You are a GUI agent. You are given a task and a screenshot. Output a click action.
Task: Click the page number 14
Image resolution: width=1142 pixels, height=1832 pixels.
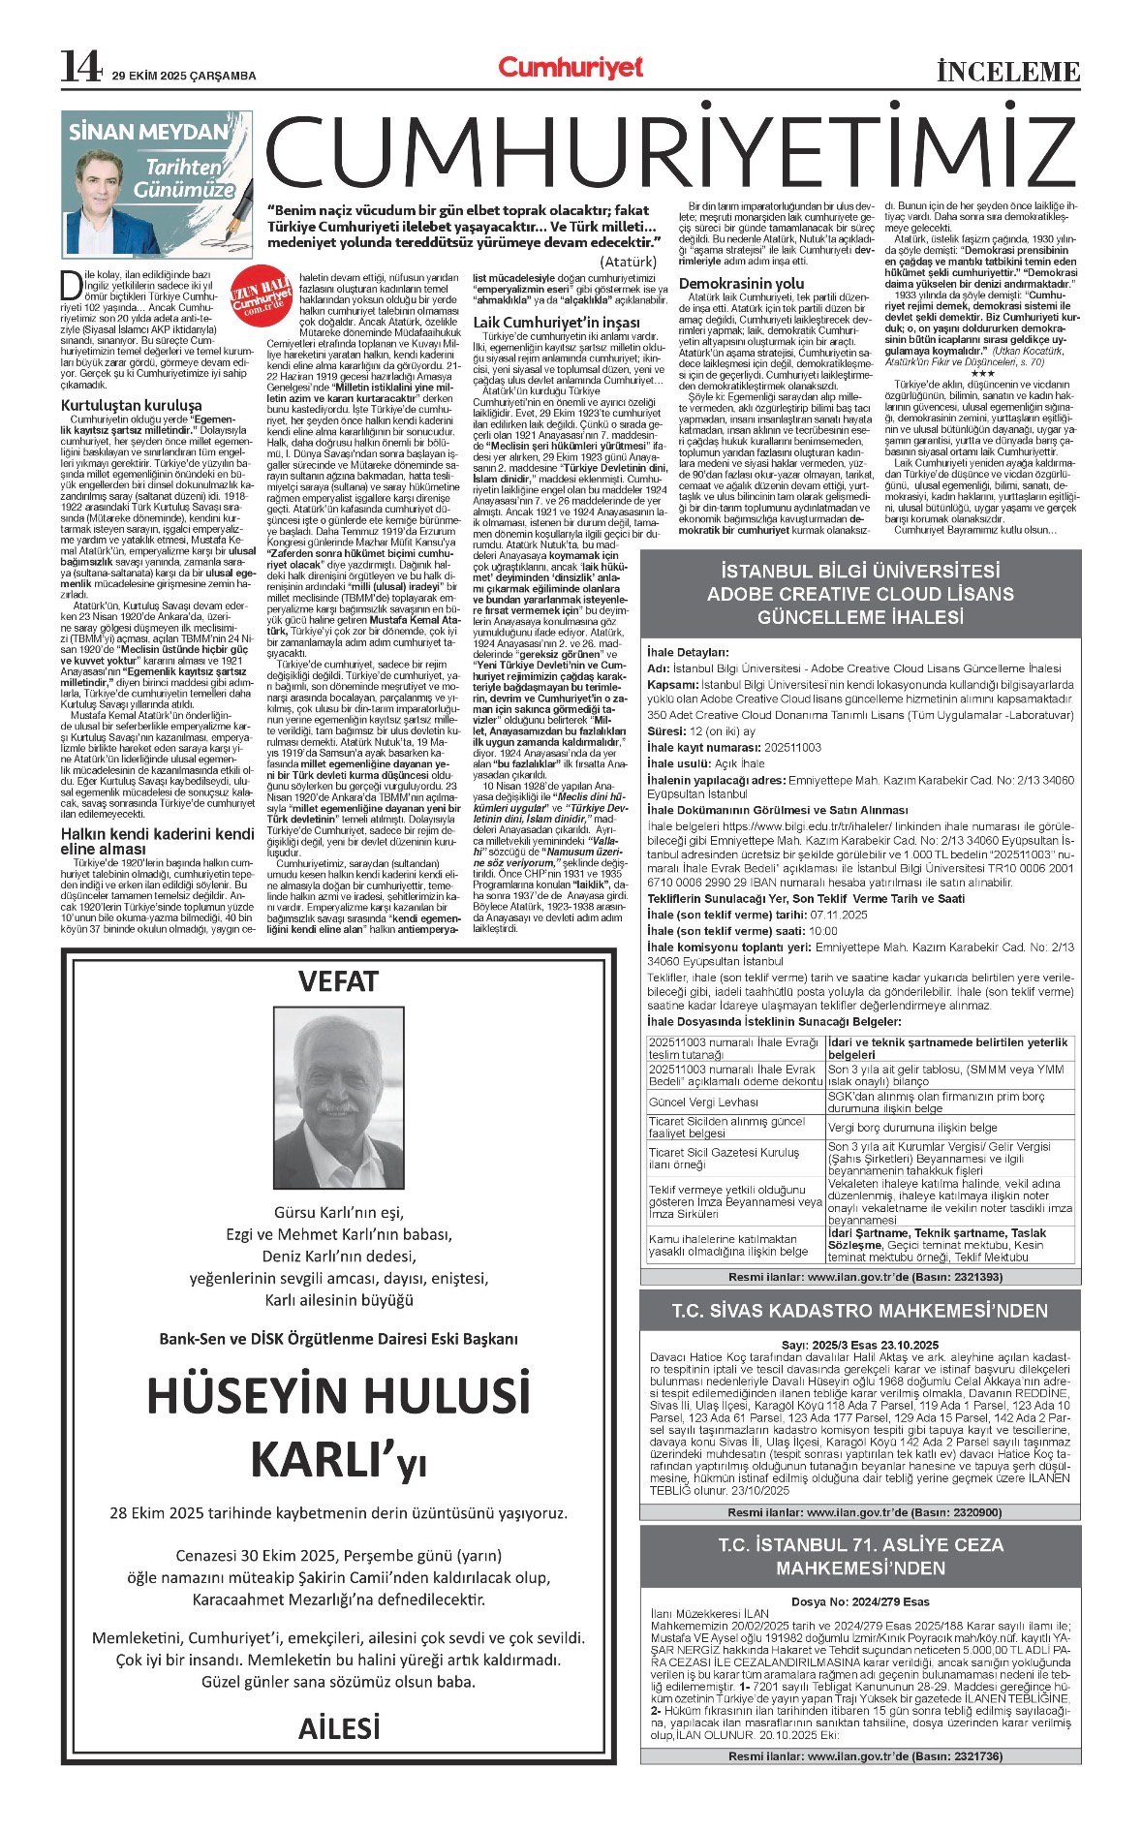tap(80, 67)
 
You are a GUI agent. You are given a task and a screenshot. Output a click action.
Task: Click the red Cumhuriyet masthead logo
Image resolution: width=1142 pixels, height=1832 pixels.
tap(571, 67)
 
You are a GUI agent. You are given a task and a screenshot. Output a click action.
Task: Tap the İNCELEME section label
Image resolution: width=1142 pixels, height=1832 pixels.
tap(1007, 72)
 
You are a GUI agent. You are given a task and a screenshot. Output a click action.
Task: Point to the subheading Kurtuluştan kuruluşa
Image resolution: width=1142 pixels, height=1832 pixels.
tap(132, 405)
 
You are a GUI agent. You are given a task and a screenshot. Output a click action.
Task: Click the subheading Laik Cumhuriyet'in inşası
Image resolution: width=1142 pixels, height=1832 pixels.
tap(556, 323)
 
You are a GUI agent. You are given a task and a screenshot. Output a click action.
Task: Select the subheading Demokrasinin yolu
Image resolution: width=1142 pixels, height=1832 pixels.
tap(741, 283)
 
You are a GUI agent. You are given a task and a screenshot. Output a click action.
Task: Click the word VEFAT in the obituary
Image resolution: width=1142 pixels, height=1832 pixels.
tap(338, 981)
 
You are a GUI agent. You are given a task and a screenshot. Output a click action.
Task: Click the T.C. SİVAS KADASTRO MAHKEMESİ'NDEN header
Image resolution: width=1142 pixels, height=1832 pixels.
tap(860, 1311)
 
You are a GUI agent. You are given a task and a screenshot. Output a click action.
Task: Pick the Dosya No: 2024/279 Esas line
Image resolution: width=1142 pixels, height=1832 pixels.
tap(860, 1601)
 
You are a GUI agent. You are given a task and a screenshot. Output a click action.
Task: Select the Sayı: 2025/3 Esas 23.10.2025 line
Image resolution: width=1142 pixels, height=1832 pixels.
tap(860, 1345)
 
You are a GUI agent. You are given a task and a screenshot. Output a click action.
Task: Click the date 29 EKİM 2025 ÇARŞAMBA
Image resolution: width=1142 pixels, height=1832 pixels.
tap(184, 76)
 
